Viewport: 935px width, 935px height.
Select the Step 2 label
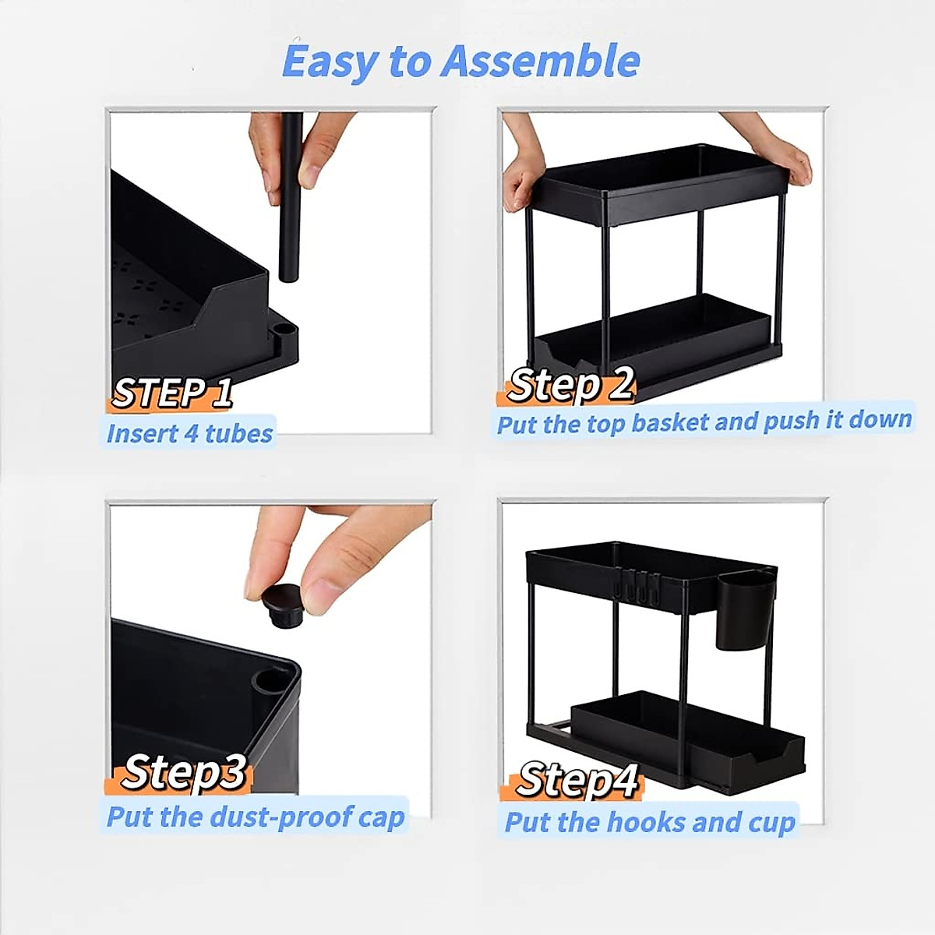click(x=571, y=383)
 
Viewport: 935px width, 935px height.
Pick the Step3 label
click(x=184, y=771)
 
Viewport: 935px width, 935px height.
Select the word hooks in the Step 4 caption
click(x=645, y=822)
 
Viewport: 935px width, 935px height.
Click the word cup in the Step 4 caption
click(x=770, y=822)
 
